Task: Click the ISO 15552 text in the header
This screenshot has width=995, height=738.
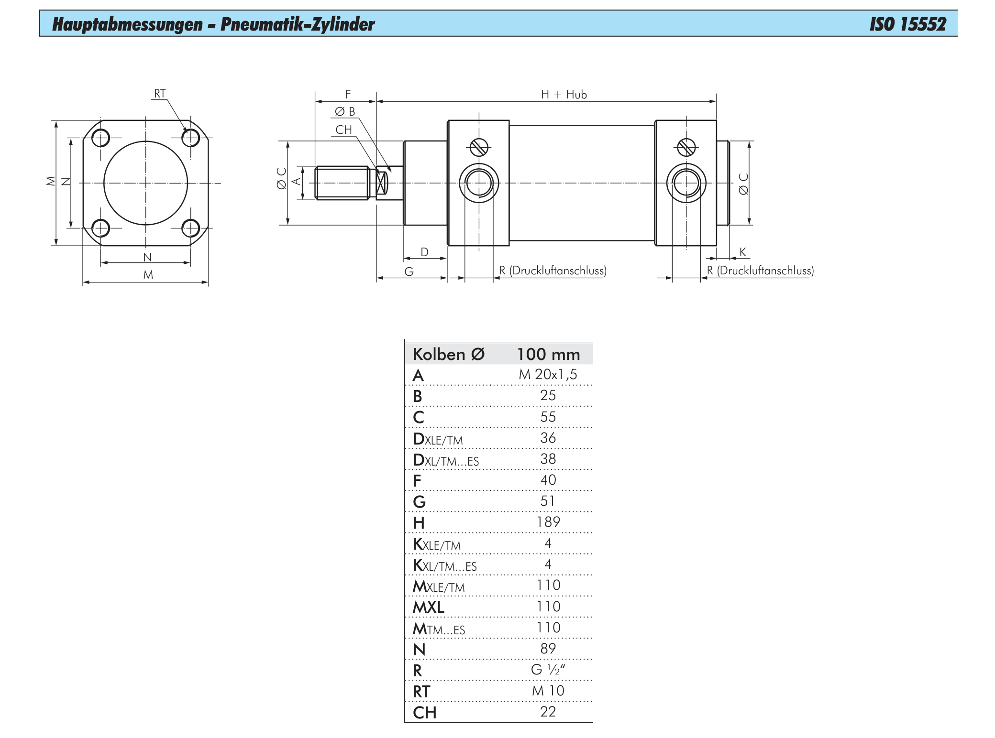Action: point(907,24)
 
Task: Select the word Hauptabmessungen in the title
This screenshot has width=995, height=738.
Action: point(127,24)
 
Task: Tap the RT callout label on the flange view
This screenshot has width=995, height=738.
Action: point(160,93)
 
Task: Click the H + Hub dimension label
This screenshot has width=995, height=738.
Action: point(564,95)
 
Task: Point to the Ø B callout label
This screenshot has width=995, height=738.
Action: point(345,112)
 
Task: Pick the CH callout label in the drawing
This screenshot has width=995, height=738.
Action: point(343,130)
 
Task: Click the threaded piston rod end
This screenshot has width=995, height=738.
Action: point(342,183)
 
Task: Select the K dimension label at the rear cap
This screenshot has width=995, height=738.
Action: point(742,252)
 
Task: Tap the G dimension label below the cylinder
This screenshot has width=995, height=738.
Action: point(409,271)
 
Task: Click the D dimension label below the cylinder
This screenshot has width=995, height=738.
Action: point(425,252)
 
